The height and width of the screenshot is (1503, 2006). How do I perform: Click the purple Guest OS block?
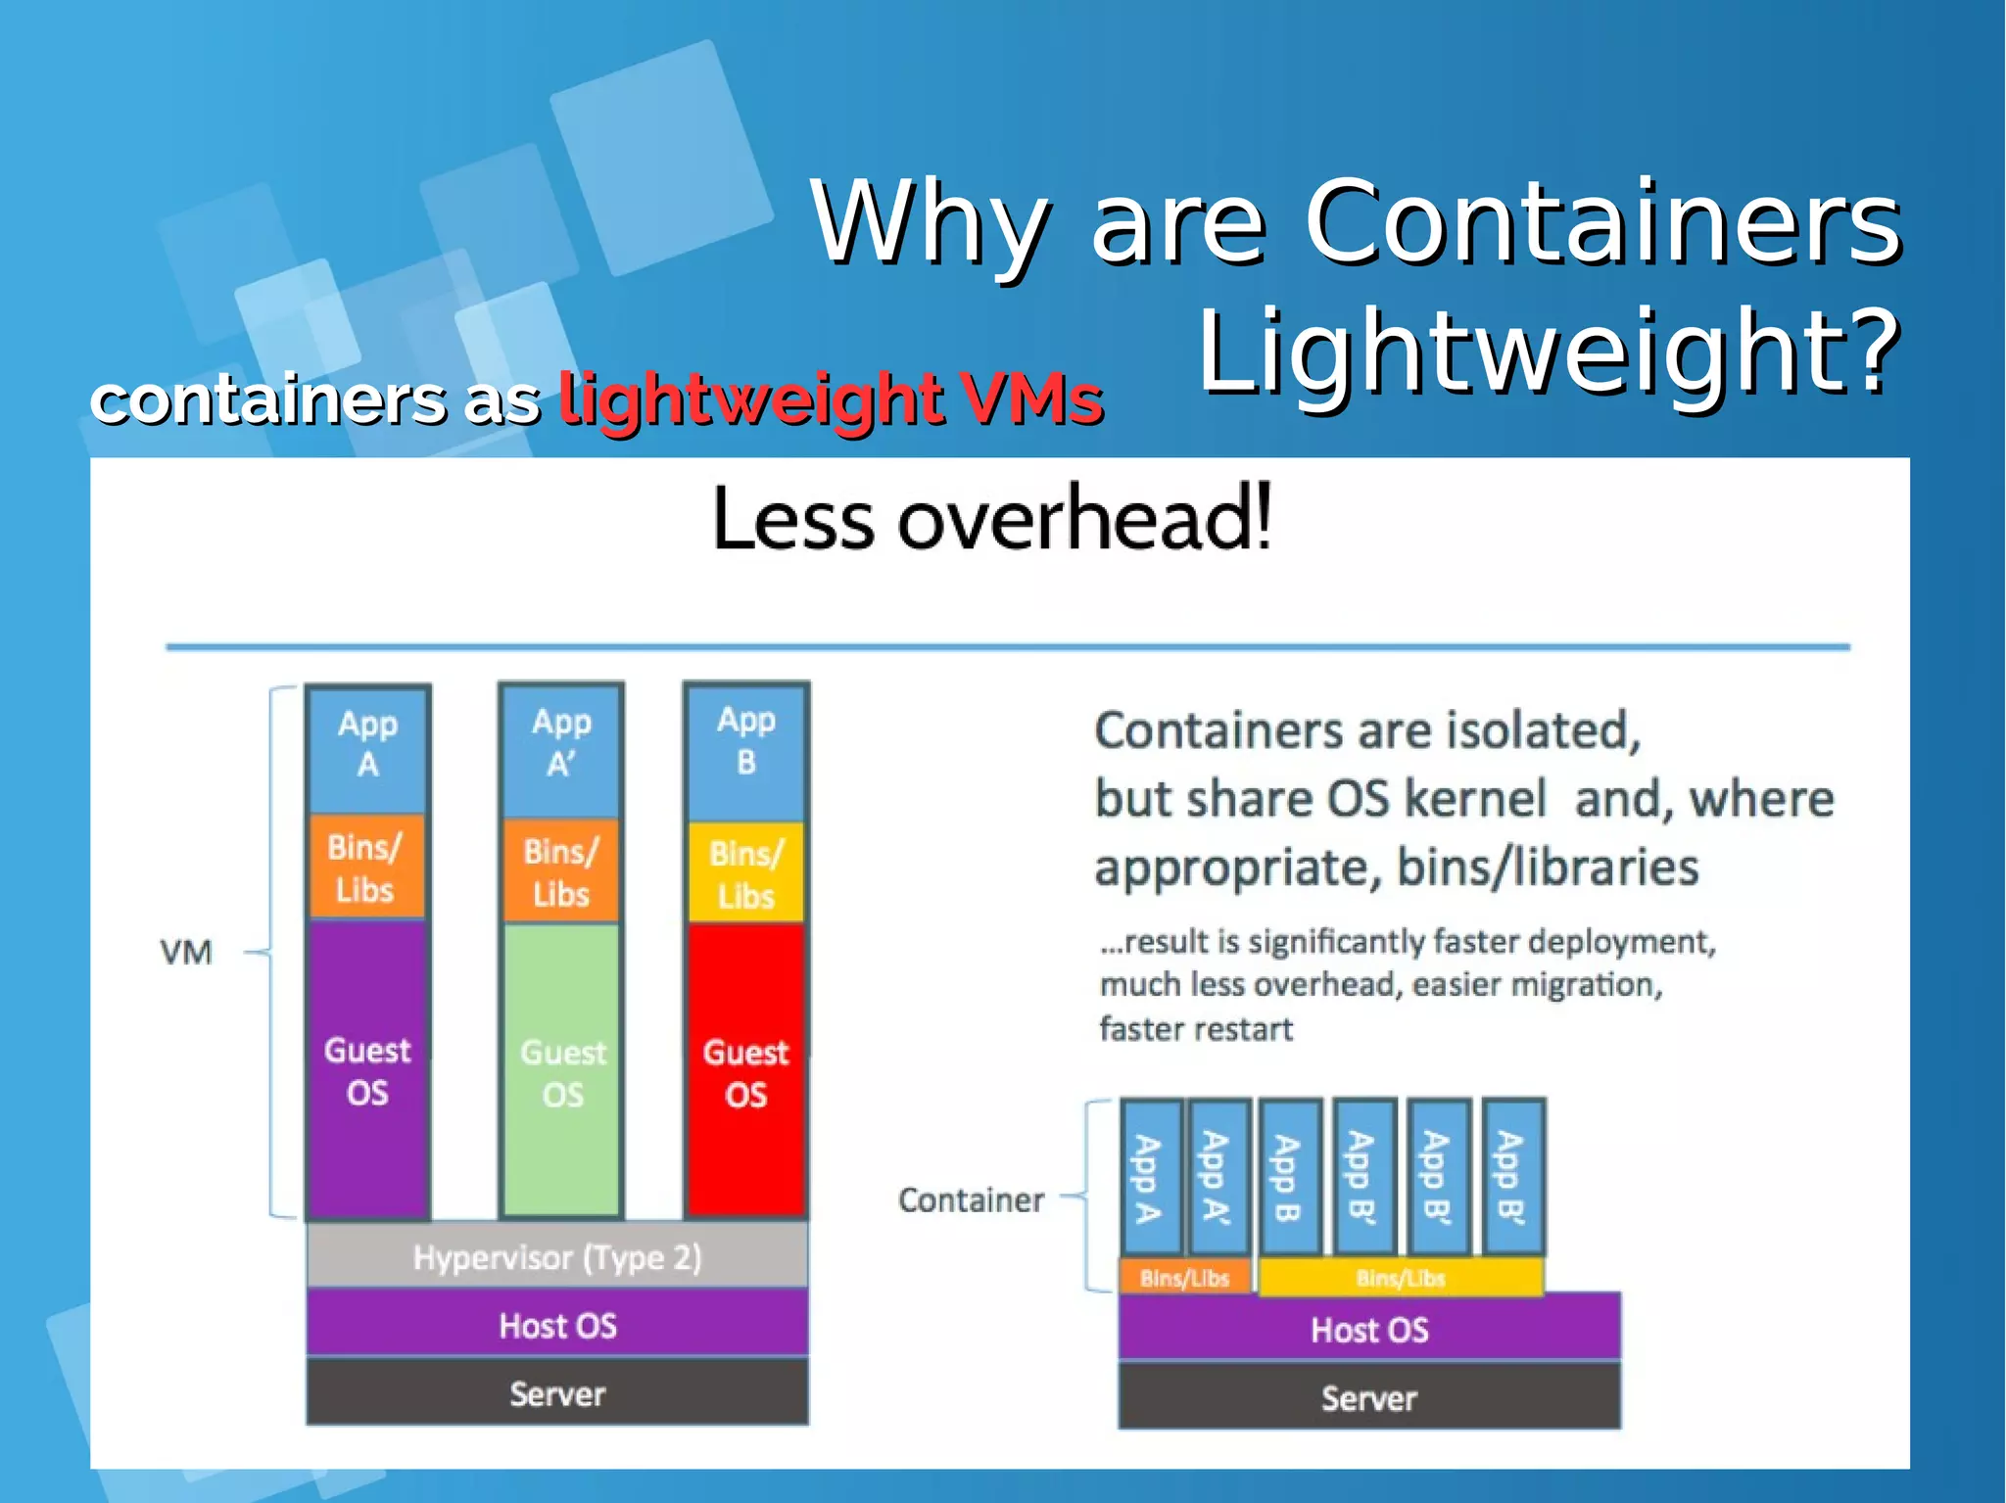(367, 1070)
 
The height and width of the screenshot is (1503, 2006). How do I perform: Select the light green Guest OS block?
(561, 1070)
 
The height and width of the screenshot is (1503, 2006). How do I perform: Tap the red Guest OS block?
(746, 1070)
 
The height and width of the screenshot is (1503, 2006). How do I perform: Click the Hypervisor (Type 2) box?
(557, 1257)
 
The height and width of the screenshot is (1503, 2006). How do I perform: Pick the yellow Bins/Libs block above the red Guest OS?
(746, 873)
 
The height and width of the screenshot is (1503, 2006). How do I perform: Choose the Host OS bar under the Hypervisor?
(557, 1325)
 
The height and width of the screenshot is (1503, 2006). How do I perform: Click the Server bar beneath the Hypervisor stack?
(557, 1393)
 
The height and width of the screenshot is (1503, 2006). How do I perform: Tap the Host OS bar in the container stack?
(1369, 1330)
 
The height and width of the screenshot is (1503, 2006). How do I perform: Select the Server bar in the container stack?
(1369, 1397)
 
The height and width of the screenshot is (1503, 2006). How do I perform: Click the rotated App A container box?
(1150, 1178)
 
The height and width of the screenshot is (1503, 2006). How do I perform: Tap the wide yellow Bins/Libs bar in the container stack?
(1401, 1278)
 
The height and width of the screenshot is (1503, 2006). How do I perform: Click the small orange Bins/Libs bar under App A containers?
(1185, 1278)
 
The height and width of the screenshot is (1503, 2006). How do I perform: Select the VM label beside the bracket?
(186, 952)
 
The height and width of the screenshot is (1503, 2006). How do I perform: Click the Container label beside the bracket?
(971, 1199)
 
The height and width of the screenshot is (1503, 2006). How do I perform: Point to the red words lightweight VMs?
(831, 399)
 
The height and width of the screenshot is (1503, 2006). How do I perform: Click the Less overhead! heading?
(991, 518)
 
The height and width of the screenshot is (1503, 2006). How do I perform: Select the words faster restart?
(1196, 1029)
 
